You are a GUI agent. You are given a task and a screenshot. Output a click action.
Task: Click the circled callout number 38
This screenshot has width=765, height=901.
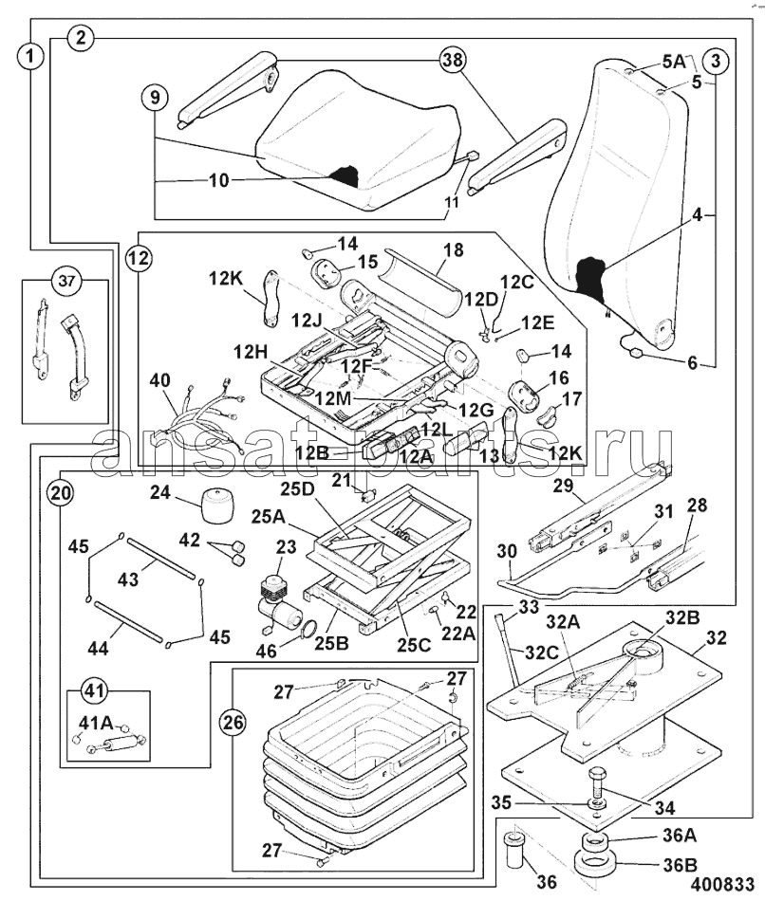(454, 59)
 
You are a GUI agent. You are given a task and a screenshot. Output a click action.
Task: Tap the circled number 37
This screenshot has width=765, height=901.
(67, 282)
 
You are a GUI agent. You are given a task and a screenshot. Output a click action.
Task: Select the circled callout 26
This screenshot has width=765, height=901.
(233, 723)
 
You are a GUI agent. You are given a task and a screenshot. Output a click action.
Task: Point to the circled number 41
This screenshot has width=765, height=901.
(94, 690)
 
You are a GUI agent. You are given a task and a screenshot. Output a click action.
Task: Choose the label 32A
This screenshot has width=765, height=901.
(565, 622)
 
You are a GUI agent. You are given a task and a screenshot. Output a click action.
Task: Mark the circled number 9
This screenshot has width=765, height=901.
(155, 97)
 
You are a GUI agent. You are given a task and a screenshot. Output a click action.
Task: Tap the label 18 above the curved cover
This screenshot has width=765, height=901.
(454, 250)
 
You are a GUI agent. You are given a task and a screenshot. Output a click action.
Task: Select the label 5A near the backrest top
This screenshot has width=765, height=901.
(674, 61)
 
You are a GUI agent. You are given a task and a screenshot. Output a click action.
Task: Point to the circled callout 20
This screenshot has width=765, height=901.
(61, 492)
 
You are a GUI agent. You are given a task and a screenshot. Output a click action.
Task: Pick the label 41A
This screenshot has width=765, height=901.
(96, 723)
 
